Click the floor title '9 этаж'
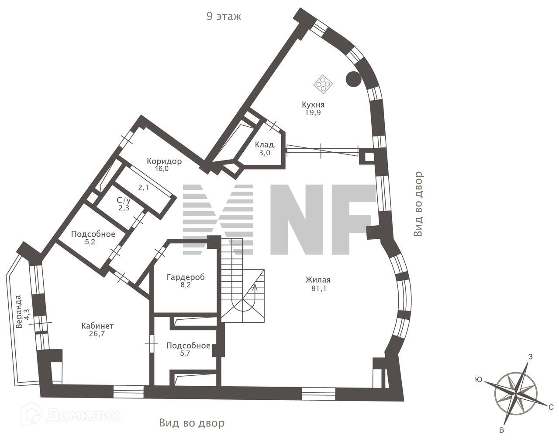(224, 17)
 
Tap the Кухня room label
(313, 105)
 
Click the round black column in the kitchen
(353, 79)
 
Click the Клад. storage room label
(265, 145)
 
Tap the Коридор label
(164, 161)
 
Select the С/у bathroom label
(124, 200)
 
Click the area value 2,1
(144, 188)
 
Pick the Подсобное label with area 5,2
(93, 234)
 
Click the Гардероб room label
(186, 277)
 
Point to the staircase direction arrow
(255, 287)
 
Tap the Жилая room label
(317, 280)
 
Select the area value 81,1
(317, 288)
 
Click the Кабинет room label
(97, 326)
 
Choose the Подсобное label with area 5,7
(188, 346)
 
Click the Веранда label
(19, 311)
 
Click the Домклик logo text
(83, 415)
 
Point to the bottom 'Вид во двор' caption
(192, 423)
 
